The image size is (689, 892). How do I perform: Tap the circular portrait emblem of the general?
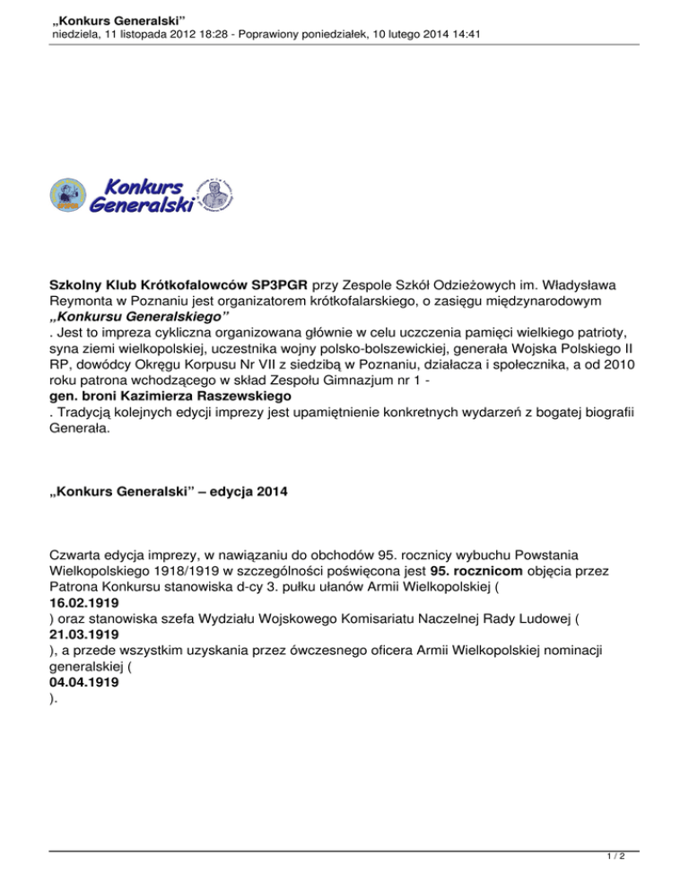[214, 195]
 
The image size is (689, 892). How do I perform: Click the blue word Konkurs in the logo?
[144, 186]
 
